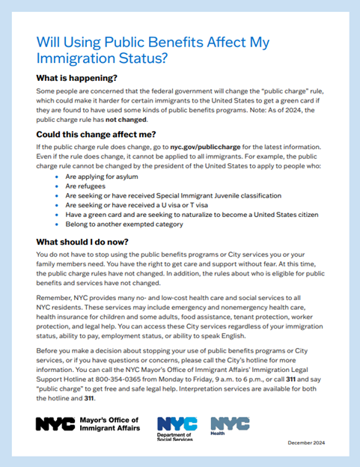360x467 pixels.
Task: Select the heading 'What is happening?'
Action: (82, 77)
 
